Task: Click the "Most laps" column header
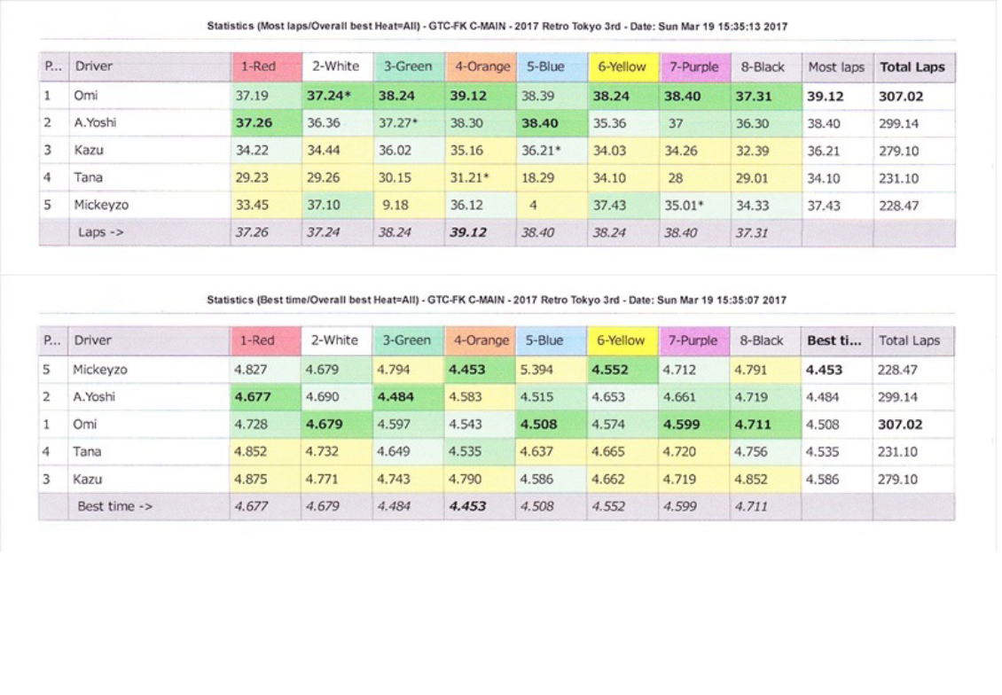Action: click(x=835, y=67)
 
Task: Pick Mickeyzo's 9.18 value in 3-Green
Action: click(x=393, y=205)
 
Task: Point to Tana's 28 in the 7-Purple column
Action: click(x=676, y=177)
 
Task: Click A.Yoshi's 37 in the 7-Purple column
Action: click(x=676, y=122)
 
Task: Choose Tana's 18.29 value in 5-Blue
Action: click(x=537, y=177)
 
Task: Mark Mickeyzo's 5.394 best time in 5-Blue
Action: click(x=536, y=369)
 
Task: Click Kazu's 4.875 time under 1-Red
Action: click(x=251, y=479)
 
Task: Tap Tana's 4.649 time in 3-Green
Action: click(x=394, y=451)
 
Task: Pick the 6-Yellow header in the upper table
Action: click(x=621, y=67)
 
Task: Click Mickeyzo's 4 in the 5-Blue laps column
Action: click(x=533, y=205)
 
